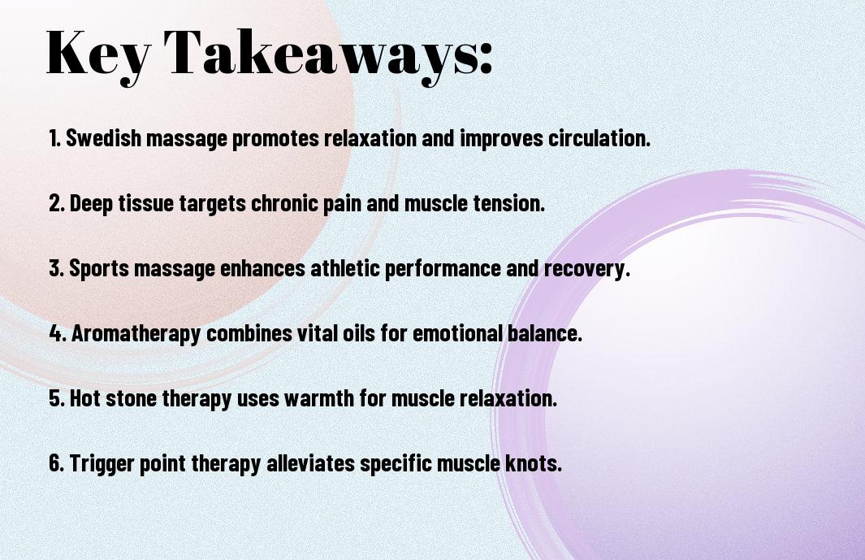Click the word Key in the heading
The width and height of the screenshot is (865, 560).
(x=98, y=54)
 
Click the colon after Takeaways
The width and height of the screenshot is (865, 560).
(x=486, y=58)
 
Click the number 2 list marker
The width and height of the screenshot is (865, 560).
(x=57, y=203)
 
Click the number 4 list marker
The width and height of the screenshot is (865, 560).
(x=58, y=333)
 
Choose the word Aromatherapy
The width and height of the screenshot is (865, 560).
(x=136, y=334)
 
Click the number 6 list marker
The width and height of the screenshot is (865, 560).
(x=57, y=462)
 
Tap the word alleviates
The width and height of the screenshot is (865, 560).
(x=310, y=462)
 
